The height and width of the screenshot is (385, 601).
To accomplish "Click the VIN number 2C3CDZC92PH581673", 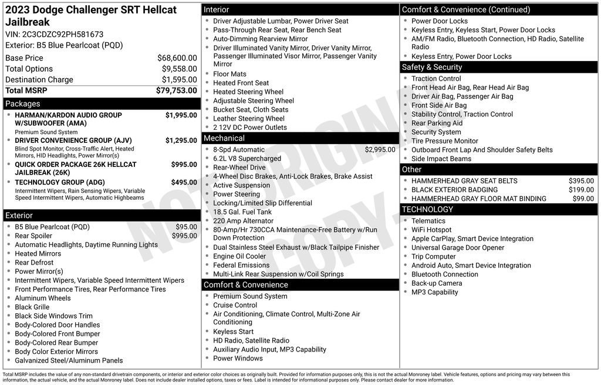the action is (x=63, y=34).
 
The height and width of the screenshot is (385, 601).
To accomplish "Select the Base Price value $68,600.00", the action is (x=177, y=58).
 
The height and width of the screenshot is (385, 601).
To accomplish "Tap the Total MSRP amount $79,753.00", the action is (x=176, y=91).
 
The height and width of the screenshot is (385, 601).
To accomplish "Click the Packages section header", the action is (x=23, y=103).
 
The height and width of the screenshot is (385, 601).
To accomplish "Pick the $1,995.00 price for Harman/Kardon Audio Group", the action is (x=181, y=115).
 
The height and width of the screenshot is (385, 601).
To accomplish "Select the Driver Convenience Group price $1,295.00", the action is (x=181, y=140).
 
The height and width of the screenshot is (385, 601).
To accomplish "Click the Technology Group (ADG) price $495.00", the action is (x=184, y=182).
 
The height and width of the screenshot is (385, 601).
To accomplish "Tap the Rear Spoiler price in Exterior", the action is (x=184, y=236).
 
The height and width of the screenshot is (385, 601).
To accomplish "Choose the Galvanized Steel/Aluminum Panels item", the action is (x=69, y=360).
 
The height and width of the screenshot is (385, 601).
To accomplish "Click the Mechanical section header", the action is (x=224, y=138).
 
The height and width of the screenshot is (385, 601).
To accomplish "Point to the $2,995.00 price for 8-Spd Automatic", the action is (x=380, y=150).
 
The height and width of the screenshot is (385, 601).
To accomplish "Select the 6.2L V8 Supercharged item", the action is (x=247, y=159).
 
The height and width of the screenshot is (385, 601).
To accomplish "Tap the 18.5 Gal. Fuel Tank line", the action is (x=242, y=212).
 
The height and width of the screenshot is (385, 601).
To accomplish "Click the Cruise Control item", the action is (x=235, y=305).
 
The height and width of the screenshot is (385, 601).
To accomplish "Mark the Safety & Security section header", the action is (x=432, y=67).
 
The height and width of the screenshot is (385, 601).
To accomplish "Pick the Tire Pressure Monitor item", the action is (x=445, y=141).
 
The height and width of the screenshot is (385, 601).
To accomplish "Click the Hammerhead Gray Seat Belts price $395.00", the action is (x=581, y=181).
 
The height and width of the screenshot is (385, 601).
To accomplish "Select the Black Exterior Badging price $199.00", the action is (x=581, y=190).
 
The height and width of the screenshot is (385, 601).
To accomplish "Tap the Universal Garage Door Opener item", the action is (x=458, y=247).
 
